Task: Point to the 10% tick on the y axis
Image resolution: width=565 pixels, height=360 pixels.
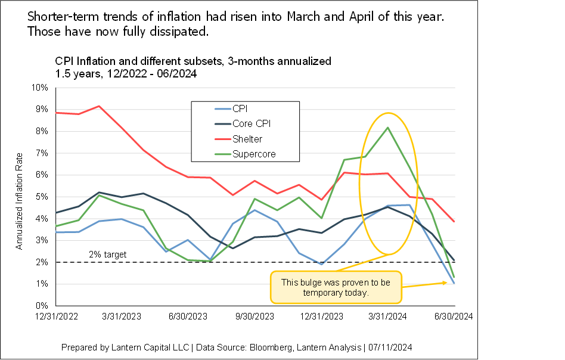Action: click(39, 88)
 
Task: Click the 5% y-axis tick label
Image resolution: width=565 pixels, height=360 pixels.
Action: click(42, 197)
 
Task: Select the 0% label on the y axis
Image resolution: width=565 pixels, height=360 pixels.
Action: click(42, 306)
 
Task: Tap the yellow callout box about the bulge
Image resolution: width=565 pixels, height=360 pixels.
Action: click(336, 288)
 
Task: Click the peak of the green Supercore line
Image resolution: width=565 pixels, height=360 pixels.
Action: click(389, 128)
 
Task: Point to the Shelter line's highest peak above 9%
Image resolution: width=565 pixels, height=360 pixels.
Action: click(99, 106)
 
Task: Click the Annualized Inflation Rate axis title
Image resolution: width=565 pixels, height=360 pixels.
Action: click(19, 200)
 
